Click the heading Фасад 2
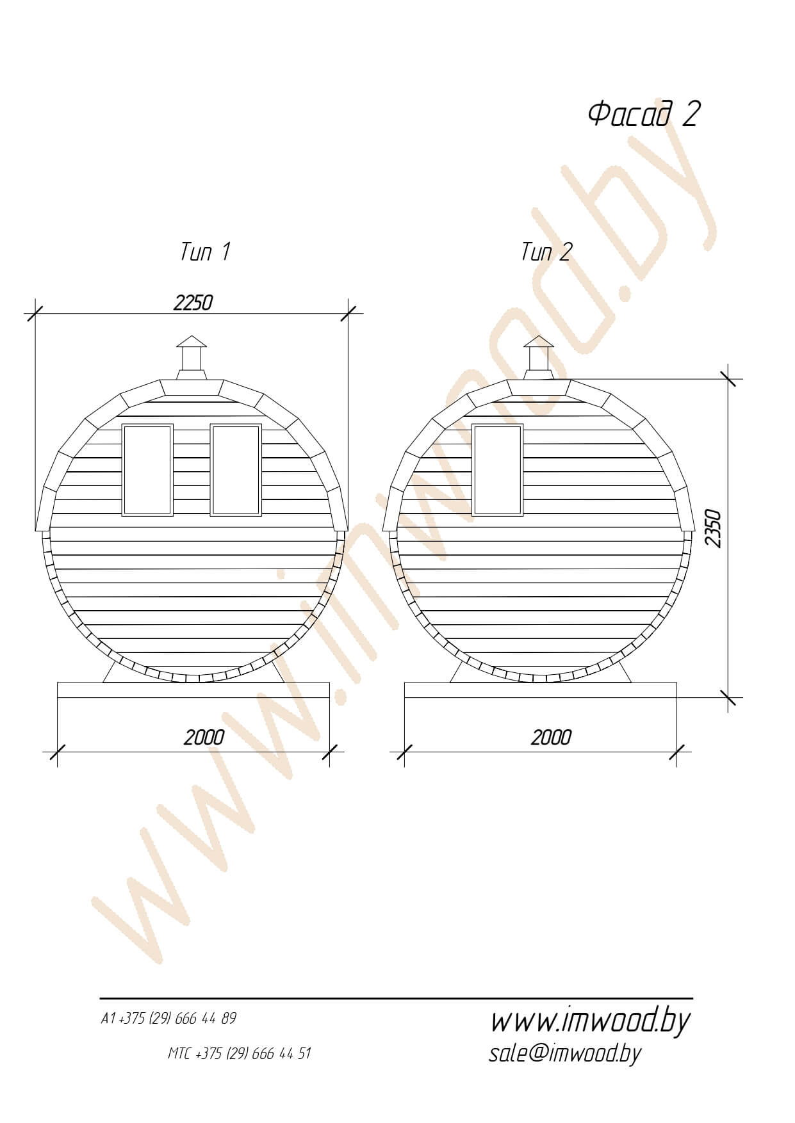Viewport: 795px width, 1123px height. click(643, 115)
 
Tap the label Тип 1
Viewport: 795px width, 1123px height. click(205, 252)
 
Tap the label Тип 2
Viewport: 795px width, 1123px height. click(546, 252)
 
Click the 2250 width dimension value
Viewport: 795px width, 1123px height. click(193, 302)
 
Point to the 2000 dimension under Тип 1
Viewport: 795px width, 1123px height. click(204, 738)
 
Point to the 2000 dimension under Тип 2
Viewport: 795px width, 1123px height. click(551, 738)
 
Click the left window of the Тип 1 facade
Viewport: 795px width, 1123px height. click(147, 469)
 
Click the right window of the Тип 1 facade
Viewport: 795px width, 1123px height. click(236, 469)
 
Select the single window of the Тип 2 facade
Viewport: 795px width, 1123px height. click(498, 469)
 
